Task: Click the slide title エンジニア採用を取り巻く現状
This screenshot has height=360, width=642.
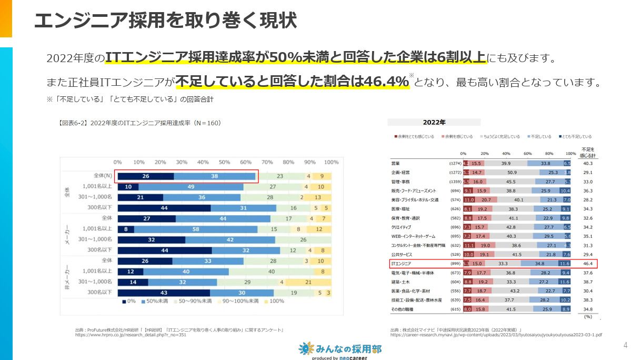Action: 165,21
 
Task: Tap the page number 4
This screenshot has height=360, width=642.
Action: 625,345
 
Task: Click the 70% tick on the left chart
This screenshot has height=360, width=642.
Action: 267,162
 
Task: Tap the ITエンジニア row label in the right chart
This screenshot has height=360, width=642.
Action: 401,263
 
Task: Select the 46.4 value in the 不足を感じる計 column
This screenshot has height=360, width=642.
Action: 588,263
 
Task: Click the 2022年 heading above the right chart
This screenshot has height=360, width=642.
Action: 434,122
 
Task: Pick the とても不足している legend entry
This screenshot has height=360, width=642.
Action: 575,136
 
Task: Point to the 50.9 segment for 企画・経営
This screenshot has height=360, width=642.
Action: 511,172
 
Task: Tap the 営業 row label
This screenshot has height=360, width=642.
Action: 395,163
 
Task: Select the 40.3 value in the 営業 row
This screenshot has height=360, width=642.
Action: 588,163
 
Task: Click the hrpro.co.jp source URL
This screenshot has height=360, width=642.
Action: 131,335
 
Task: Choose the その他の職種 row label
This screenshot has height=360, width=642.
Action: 403,309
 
